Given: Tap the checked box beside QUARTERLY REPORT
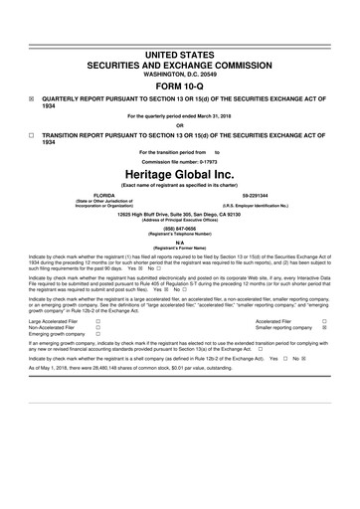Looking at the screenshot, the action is point(33,98).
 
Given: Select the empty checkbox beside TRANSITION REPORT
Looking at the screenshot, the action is point(33,133).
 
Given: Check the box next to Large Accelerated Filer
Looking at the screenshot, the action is point(97,322).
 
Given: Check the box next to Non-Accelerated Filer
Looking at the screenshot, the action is point(97,329).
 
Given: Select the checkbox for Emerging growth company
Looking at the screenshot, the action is point(97,336).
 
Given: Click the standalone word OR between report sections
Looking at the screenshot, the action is point(179,124).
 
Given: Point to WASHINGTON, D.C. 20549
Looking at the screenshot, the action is point(179,72).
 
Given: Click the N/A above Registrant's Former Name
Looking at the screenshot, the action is point(179,241).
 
